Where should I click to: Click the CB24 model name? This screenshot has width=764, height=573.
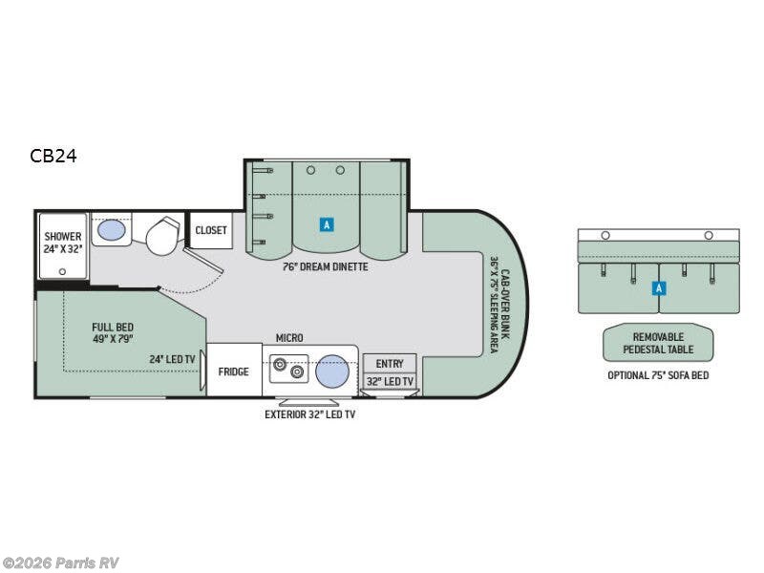[x=53, y=156]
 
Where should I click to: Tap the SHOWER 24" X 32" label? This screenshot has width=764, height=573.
[x=63, y=243]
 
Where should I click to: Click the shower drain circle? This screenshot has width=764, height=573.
[x=62, y=271]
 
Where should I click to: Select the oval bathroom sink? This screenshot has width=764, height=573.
[x=111, y=229]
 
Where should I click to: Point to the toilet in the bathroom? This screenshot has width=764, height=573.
[x=162, y=236]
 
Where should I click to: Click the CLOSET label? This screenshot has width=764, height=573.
[x=211, y=230]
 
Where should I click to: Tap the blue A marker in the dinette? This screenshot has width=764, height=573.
[x=327, y=224]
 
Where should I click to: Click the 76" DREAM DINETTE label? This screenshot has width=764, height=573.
[x=326, y=267]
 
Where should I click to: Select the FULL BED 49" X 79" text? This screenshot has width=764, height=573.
[x=113, y=332]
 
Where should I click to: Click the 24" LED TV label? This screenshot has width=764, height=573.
[x=172, y=359]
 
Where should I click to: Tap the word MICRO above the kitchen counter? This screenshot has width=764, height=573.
[x=289, y=338]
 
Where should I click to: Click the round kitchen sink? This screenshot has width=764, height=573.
[x=332, y=371]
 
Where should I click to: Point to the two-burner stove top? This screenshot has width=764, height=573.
[x=289, y=369]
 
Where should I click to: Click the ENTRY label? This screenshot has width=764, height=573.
[x=390, y=364]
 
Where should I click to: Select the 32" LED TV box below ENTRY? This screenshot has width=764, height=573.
[x=390, y=381]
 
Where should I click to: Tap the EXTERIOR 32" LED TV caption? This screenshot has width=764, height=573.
[x=309, y=414]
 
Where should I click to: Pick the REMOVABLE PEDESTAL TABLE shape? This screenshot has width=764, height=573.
[x=658, y=343]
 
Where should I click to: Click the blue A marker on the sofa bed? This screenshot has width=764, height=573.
[x=659, y=288]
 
